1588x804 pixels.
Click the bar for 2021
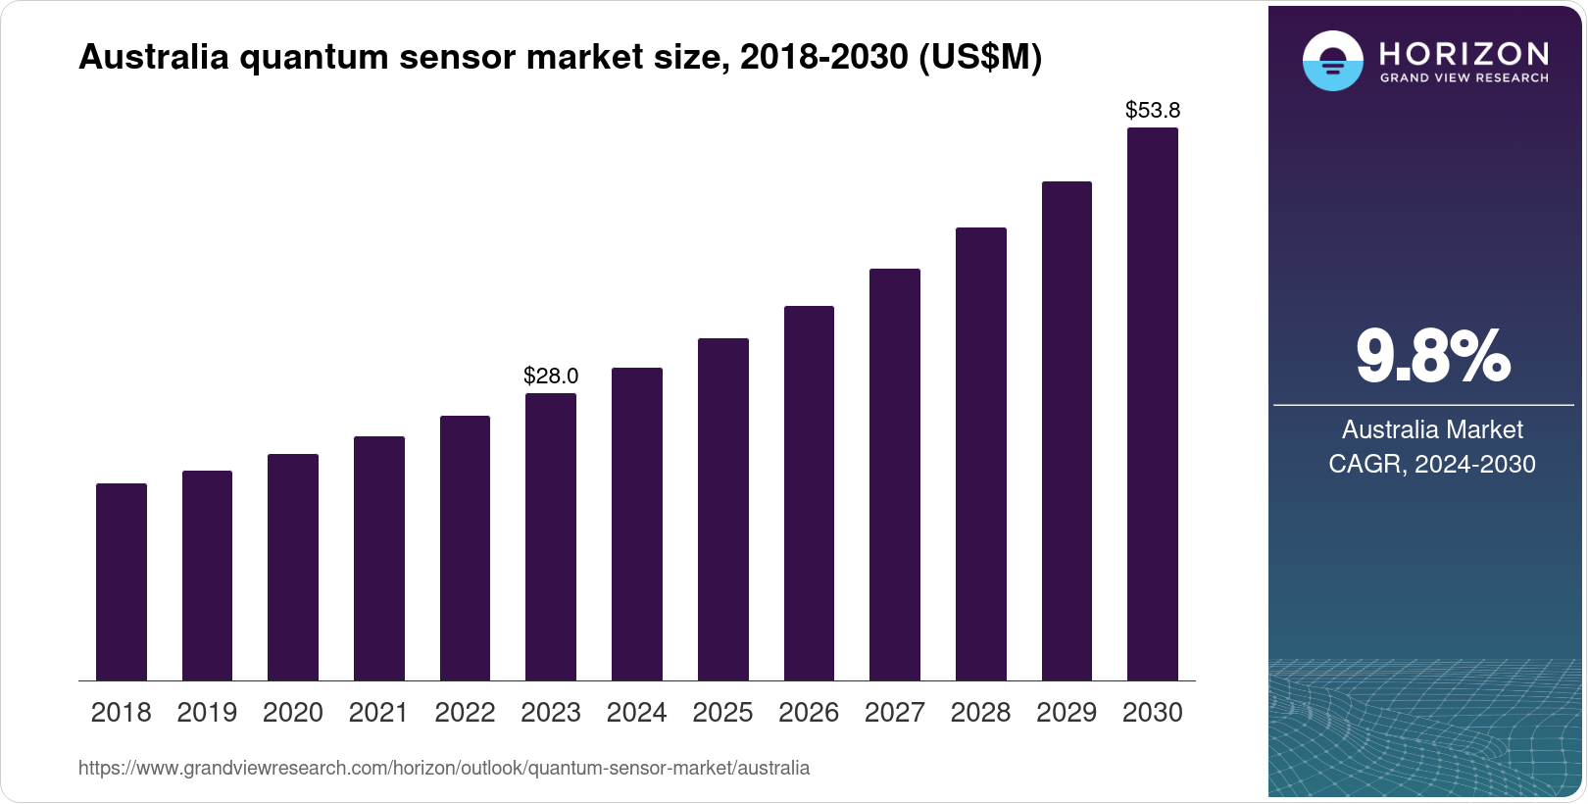click(x=379, y=558)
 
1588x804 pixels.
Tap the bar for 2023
click(x=551, y=536)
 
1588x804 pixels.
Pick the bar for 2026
click(x=809, y=493)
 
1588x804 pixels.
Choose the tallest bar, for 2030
click(x=1153, y=404)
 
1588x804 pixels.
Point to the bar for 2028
click(x=980, y=454)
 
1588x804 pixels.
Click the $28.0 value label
click(x=551, y=376)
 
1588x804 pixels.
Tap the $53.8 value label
click(x=1153, y=110)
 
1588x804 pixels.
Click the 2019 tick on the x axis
click(x=207, y=713)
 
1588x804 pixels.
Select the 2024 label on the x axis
click(x=636, y=713)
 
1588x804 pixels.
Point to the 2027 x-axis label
click(x=894, y=713)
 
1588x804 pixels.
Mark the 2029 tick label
click(x=1067, y=713)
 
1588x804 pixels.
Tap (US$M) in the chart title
click(x=980, y=57)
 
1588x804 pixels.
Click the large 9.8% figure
click(x=1432, y=357)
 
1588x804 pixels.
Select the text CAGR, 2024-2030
click(x=1432, y=464)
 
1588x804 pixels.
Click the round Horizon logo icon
click(x=1332, y=61)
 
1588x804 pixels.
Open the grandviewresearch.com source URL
click(x=444, y=768)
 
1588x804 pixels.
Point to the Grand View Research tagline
click(x=1464, y=78)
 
